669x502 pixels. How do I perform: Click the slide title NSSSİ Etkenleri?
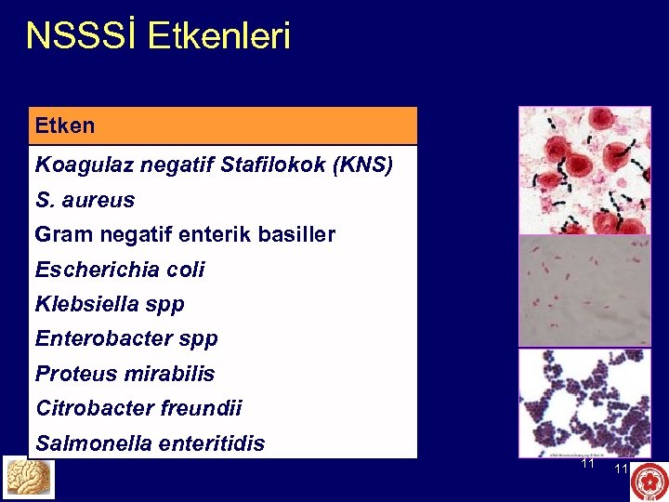[x=158, y=36]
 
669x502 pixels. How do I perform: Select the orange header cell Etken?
[x=223, y=125]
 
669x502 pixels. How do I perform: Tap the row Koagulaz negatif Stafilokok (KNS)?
[x=214, y=165]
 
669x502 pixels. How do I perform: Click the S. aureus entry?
[x=85, y=200]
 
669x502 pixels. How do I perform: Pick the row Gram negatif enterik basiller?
[x=185, y=235]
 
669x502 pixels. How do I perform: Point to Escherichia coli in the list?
[x=120, y=270]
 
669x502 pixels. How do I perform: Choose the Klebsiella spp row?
[x=110, y=304]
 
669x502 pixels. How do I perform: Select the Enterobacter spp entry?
[x=126, y=339]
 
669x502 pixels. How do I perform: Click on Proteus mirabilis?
[x=125, y=374]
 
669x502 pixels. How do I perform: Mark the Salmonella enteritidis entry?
[x=150, y=443]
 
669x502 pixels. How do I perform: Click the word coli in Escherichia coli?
[x=187, y=270]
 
